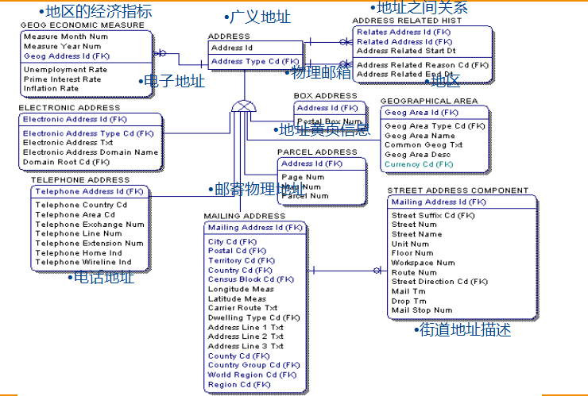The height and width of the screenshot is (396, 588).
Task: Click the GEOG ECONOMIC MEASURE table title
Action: tap(82, 25)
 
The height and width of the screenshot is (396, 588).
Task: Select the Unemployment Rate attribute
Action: tap(65, 70)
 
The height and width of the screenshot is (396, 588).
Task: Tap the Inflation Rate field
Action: tap(51, 89)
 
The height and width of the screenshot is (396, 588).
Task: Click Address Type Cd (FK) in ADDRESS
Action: tap(255, 61)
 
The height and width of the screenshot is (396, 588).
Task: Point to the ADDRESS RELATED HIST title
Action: tap(406, 21)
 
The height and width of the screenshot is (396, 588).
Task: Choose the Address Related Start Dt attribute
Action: tap(406, 51)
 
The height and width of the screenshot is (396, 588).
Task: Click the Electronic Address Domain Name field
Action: tap(91, 152)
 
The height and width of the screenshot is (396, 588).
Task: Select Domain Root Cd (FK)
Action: tap(66, 162)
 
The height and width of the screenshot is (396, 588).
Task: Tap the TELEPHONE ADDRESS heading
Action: tap(80, 180)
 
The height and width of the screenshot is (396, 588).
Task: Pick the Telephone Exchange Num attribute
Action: tap(90, 225)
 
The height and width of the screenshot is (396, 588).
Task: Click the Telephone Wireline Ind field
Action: tap(83, 263)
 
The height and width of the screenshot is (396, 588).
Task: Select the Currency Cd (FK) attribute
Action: tap(418, 164)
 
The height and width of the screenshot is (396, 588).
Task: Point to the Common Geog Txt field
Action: tap(424, 145)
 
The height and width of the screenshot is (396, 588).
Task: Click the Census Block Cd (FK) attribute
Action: tap(250, 279)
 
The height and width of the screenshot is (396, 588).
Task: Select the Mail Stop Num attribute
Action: tap(421, 310)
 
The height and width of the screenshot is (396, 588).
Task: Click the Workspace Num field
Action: tap(423, 263)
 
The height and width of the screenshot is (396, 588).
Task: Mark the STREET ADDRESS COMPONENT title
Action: tap(458, 190)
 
